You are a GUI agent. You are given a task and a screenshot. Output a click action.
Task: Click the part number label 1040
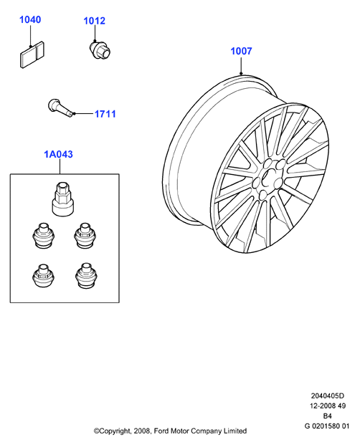[x=30, y=19]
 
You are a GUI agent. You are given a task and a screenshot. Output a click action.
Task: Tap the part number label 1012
[x=94, y=21]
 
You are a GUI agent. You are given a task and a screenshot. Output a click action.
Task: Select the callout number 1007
[x=241, y=51]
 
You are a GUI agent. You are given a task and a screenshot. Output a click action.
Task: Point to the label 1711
[x=105, y=114]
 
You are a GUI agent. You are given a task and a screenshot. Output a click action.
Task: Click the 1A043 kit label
[x=58, y=154]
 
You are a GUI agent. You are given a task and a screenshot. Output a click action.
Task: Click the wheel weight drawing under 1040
[x=32, y=54]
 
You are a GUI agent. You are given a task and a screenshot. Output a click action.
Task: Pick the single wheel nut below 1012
[x=100, y=50]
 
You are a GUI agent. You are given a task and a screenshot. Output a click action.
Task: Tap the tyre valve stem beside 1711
[x=61, y=107]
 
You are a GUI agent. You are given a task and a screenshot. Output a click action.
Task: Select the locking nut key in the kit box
[x=62, y=199]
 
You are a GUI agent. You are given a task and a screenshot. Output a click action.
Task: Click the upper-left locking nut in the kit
[x=44, y=235]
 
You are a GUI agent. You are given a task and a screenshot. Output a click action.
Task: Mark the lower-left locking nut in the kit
[x=44, y=275]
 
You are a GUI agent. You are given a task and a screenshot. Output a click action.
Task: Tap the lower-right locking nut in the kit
[x=87, y=275]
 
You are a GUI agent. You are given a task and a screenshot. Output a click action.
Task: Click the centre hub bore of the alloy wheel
[x=267, y=178]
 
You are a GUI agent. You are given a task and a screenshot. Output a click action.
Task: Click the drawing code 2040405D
[x=327, y=396]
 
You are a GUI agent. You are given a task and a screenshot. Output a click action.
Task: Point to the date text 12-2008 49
[x=328, y=406]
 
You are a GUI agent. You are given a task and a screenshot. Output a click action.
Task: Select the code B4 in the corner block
[x=327, y=416]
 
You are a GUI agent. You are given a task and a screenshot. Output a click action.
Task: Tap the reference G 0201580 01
[x=327, y=426]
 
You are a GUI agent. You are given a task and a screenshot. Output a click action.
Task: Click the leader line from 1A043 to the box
[x=60, y=166]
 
